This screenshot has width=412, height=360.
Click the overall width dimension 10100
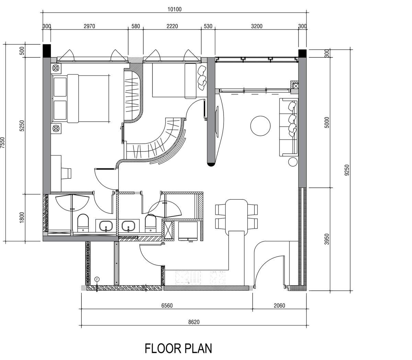point(174,9)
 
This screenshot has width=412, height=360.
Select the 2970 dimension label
point(89,26)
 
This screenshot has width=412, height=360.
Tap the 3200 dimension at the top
point(256,26)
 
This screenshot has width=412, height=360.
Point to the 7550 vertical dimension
point(3,142)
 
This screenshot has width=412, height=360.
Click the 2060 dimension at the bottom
point(279,305)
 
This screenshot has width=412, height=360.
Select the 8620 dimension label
point(194,322)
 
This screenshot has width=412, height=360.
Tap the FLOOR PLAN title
point(178,348)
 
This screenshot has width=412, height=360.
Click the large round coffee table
point(261,126)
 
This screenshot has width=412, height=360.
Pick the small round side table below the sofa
point(293,162)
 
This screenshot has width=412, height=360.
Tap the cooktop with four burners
point(218,277)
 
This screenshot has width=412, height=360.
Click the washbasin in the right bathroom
point(129,226)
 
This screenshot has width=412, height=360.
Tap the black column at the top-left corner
point(46,51)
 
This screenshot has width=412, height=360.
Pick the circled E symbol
point(97,279)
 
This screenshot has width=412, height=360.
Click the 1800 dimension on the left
point(22,218)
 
